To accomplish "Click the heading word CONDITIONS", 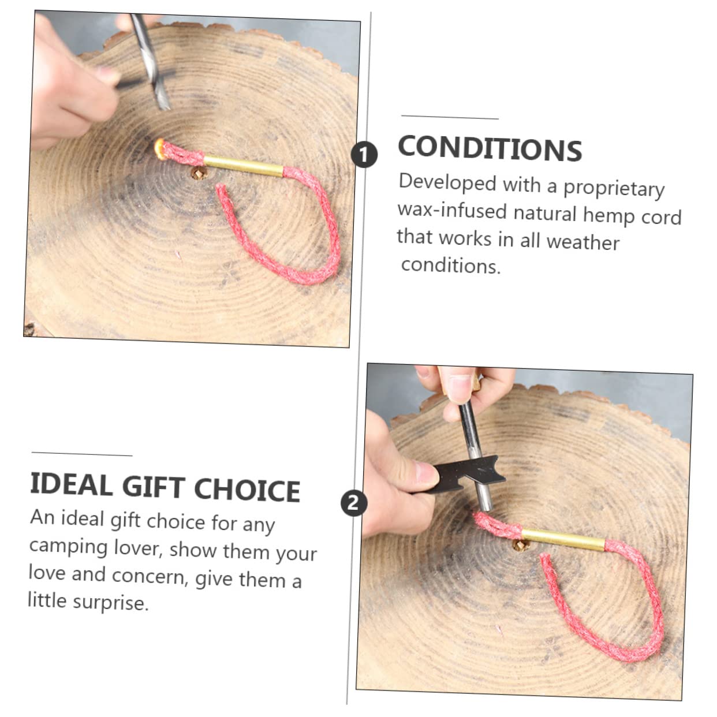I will [490, 148].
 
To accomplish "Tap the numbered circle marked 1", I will [364, 155].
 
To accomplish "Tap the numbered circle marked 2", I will [353, 503].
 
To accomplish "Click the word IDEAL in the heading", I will [71, 484].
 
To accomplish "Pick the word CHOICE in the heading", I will [247, 490].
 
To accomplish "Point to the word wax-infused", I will [451, 210].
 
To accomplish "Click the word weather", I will [582, 241].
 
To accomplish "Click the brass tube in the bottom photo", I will [563, 540].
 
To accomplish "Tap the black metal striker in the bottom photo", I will [462, 477].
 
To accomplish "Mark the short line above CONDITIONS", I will [450, 118].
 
